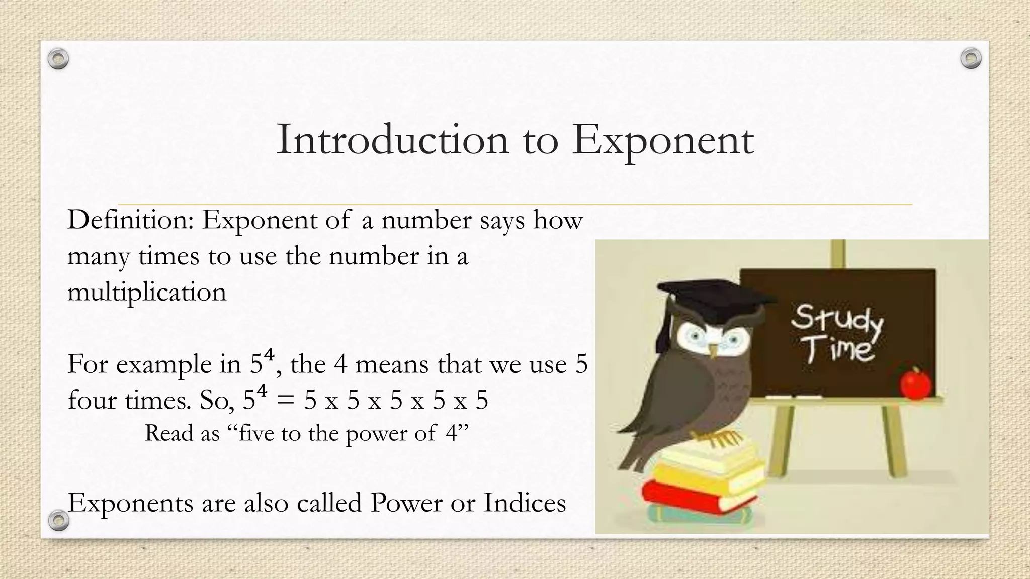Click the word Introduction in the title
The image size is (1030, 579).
(392, 140)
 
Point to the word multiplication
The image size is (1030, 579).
(147, 292)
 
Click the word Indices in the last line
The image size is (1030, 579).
(525, 503)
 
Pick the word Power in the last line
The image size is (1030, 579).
(406, 503)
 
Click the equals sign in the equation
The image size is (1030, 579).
(285, 401)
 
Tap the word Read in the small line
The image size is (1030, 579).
(168, 433)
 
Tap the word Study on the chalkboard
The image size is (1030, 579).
(836, 320)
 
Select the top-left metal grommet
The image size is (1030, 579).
(58, 59)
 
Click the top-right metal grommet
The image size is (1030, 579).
(971, 59)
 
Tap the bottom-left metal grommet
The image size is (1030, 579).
(58, 521)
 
